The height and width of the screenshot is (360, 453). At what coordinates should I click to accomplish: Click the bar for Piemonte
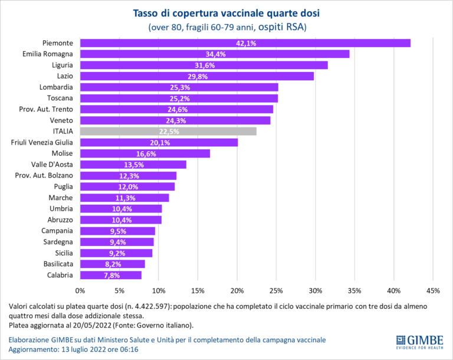click(245, 43)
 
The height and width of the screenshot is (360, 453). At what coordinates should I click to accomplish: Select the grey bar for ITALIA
click(168, 131)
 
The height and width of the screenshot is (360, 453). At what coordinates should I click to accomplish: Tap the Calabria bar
click(111, 275)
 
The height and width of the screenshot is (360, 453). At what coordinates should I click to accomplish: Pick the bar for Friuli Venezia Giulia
click(159, 142)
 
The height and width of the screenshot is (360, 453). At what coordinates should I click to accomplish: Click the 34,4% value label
click(215, 54)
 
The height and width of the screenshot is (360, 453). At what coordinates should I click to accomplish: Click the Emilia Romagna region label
click(51, 54)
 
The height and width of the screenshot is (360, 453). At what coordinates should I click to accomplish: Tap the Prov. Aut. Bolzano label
click(44, 175)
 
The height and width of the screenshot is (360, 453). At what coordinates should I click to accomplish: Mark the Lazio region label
click(64, 76)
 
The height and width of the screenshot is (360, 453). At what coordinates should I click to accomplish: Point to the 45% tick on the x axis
click(433, 290)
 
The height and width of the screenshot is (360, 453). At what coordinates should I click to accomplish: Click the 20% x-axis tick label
click(237, 290)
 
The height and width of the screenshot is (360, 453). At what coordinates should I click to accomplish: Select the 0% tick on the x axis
click(80, 290)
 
